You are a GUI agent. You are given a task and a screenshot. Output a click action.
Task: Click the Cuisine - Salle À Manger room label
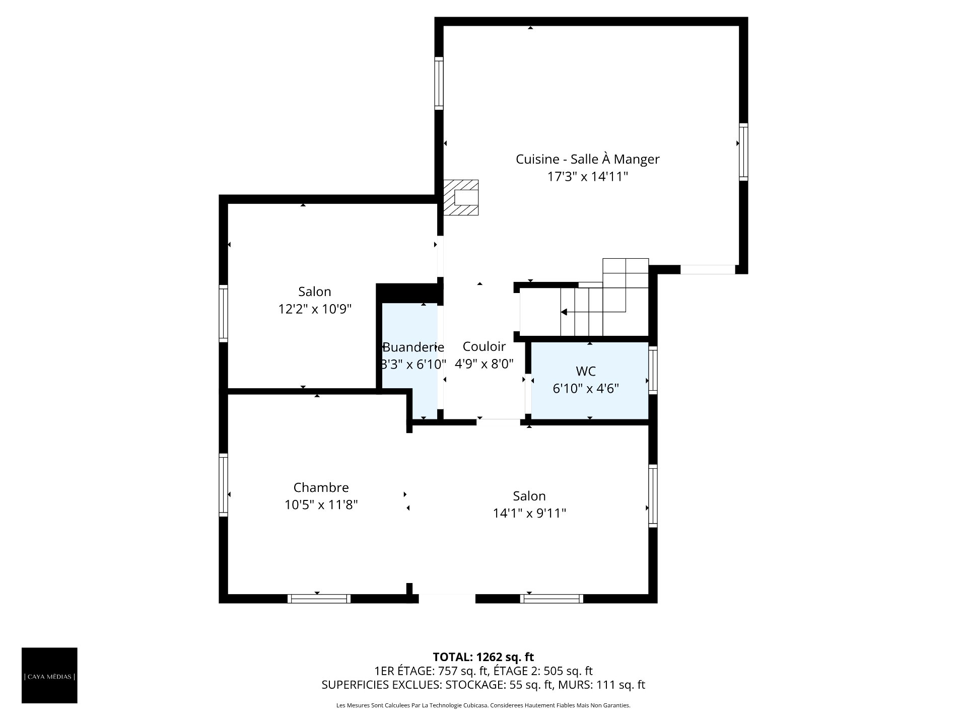(x=587, y=159)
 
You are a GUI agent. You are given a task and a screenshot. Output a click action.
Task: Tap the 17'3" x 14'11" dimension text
(x=588, y=177)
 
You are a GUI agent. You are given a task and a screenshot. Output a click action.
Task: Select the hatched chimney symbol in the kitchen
(x=461, y=197)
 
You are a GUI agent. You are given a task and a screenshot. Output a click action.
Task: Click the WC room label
(x=586, y=371)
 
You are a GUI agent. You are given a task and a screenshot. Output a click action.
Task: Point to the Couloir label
(x=484, y=346)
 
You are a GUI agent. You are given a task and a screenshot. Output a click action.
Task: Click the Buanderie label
(x=413, y=347)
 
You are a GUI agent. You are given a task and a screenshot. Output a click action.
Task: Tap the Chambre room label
(x=321, y=487)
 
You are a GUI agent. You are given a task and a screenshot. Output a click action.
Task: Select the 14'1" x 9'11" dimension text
(x=529, y=513)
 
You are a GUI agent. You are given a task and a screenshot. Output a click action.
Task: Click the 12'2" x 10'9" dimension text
(x=315, y=309)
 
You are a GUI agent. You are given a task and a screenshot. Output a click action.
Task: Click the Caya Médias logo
(x=49, y=675)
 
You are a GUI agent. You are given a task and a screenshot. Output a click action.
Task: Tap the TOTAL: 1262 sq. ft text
(x=483, y=657)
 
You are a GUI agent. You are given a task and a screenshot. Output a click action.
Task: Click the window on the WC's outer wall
(x=653, y=370)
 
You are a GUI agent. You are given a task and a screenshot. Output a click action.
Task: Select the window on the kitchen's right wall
(x=743, y=152)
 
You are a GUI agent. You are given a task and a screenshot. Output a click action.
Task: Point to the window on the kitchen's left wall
(x=439, y=84)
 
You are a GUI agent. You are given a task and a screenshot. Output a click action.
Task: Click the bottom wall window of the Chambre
(x=319, y=599)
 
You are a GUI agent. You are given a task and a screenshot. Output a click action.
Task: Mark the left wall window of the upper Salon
(x=223, y=314)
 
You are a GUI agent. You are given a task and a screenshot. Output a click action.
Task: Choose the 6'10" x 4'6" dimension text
(x=586, y=389)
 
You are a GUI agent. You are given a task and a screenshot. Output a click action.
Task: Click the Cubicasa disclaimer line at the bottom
(x=483, y=705)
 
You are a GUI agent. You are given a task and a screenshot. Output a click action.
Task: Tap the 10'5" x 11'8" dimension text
(x=321, y=504)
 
